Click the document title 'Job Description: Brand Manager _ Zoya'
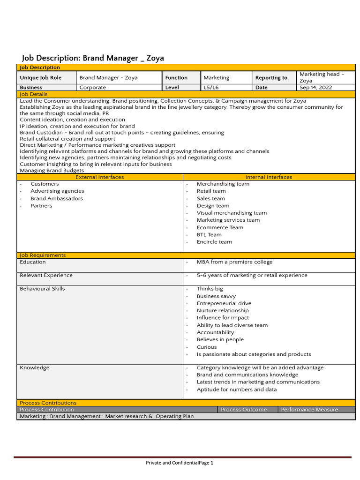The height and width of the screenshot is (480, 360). point(93,58)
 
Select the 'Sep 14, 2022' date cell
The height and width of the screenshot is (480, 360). point(315,88)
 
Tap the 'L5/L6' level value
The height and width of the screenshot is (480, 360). point(211,88)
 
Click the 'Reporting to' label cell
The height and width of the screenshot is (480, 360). point(271,78)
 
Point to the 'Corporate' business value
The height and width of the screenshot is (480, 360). point(93,88)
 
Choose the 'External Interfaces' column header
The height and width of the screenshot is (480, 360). point(99,177)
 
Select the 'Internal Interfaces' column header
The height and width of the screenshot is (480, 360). point(269,177)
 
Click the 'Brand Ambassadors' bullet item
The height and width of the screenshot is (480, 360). point(57,199)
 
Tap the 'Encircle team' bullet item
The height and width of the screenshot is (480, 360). point(214,242)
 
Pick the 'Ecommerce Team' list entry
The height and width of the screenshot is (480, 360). point(220,227)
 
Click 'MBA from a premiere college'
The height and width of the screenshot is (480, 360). point(234,262)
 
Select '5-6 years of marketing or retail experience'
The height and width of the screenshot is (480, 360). point(252,276)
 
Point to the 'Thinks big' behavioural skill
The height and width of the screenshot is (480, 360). point(210,289)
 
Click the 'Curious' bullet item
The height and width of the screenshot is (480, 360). point(207,347)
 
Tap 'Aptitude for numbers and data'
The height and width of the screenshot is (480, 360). point(237,390)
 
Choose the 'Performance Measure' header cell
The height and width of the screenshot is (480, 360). point(309,410)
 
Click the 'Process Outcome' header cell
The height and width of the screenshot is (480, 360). point(244,410)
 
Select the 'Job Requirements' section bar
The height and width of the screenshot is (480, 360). point(43,255)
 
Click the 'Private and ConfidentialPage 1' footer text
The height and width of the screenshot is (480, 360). point(180,463)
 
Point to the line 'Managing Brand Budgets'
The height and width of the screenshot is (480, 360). point(52,171)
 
